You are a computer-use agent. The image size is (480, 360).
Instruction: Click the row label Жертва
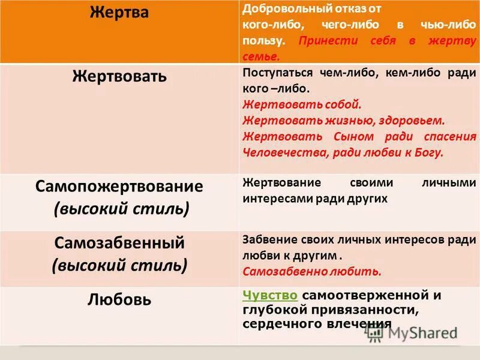119,13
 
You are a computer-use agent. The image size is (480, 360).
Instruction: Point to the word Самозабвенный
119,244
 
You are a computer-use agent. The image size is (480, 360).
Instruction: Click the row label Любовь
119,299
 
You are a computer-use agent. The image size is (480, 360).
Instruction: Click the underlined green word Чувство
270,295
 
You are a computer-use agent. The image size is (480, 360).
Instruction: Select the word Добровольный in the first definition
278,10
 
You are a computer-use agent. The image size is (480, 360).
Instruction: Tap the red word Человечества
283,152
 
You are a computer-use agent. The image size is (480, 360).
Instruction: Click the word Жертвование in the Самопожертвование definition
281,182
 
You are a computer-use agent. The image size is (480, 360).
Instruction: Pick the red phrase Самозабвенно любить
312,271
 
